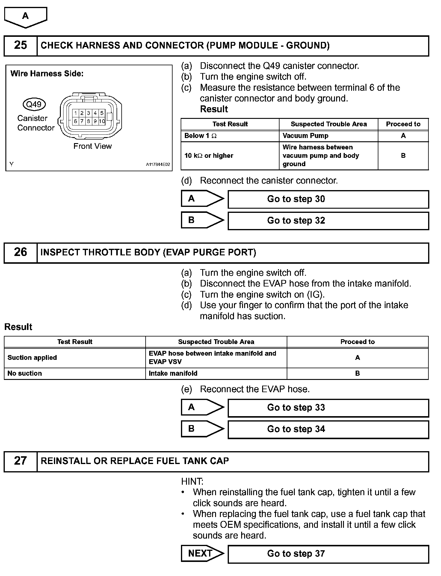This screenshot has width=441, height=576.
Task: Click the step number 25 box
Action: [x=20, y=46]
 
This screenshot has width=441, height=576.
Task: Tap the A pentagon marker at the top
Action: [x=26, y=17]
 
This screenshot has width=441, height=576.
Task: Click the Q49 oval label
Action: [x=34, y=104]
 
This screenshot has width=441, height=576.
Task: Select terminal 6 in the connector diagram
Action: [x=75, y=121]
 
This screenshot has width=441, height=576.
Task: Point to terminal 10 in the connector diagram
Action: [x=102, y=121]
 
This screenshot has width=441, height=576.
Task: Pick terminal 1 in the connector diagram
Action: [x=75, y=113]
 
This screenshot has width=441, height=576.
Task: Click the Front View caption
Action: [x=92, y=146]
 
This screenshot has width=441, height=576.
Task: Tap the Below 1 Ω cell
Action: [x=230, y=136]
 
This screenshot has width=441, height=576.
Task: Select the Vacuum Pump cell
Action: [x=328, y=136]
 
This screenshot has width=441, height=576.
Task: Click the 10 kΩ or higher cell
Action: [x=230, y=156]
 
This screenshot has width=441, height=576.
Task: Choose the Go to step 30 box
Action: [x=328, y=199]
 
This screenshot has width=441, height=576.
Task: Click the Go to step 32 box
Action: [x=328, y=221]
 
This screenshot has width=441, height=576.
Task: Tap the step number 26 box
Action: [x=20, y=252]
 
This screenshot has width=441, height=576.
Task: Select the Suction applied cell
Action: [x=75, y=358]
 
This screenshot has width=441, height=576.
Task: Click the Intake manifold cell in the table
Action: [x=216, y=373]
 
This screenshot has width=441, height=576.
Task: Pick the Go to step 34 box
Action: [x=328, y=429]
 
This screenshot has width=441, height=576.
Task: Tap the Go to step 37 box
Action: [x=328, y=554]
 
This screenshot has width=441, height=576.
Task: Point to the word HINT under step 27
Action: [x=192, y=481]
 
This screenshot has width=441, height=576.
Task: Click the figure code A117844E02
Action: [x=158, y=165]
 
